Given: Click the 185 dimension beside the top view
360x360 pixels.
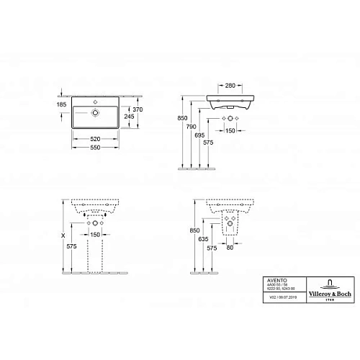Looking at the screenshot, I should click(62, 105).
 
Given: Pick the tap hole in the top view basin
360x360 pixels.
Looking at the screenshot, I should click(94, 112).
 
